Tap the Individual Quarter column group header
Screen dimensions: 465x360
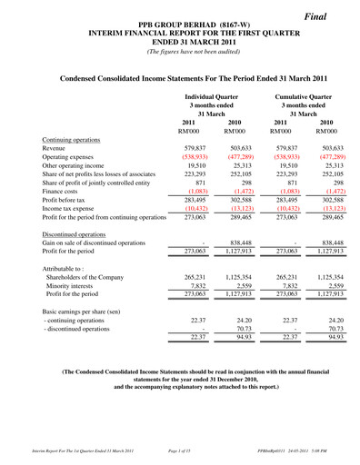tap(211, 95)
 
